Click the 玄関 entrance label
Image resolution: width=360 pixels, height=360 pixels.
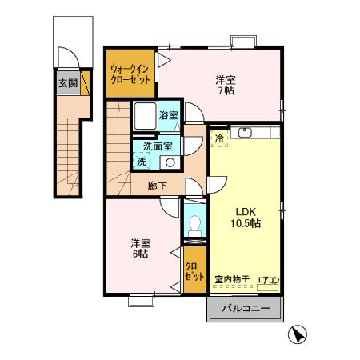point(66,82)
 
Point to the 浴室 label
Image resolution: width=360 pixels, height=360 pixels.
point(169,115)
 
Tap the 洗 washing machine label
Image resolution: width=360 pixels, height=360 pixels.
point(142,162)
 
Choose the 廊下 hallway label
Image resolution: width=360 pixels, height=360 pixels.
point(157,186)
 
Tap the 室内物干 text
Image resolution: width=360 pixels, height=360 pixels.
point(232,280)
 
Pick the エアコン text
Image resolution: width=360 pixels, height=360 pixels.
point(267,280)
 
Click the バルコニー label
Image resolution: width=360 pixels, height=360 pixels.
point(246,308)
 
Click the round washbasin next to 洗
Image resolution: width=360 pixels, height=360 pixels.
point(169,162)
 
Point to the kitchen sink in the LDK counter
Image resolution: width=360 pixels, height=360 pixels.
point(246,132)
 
